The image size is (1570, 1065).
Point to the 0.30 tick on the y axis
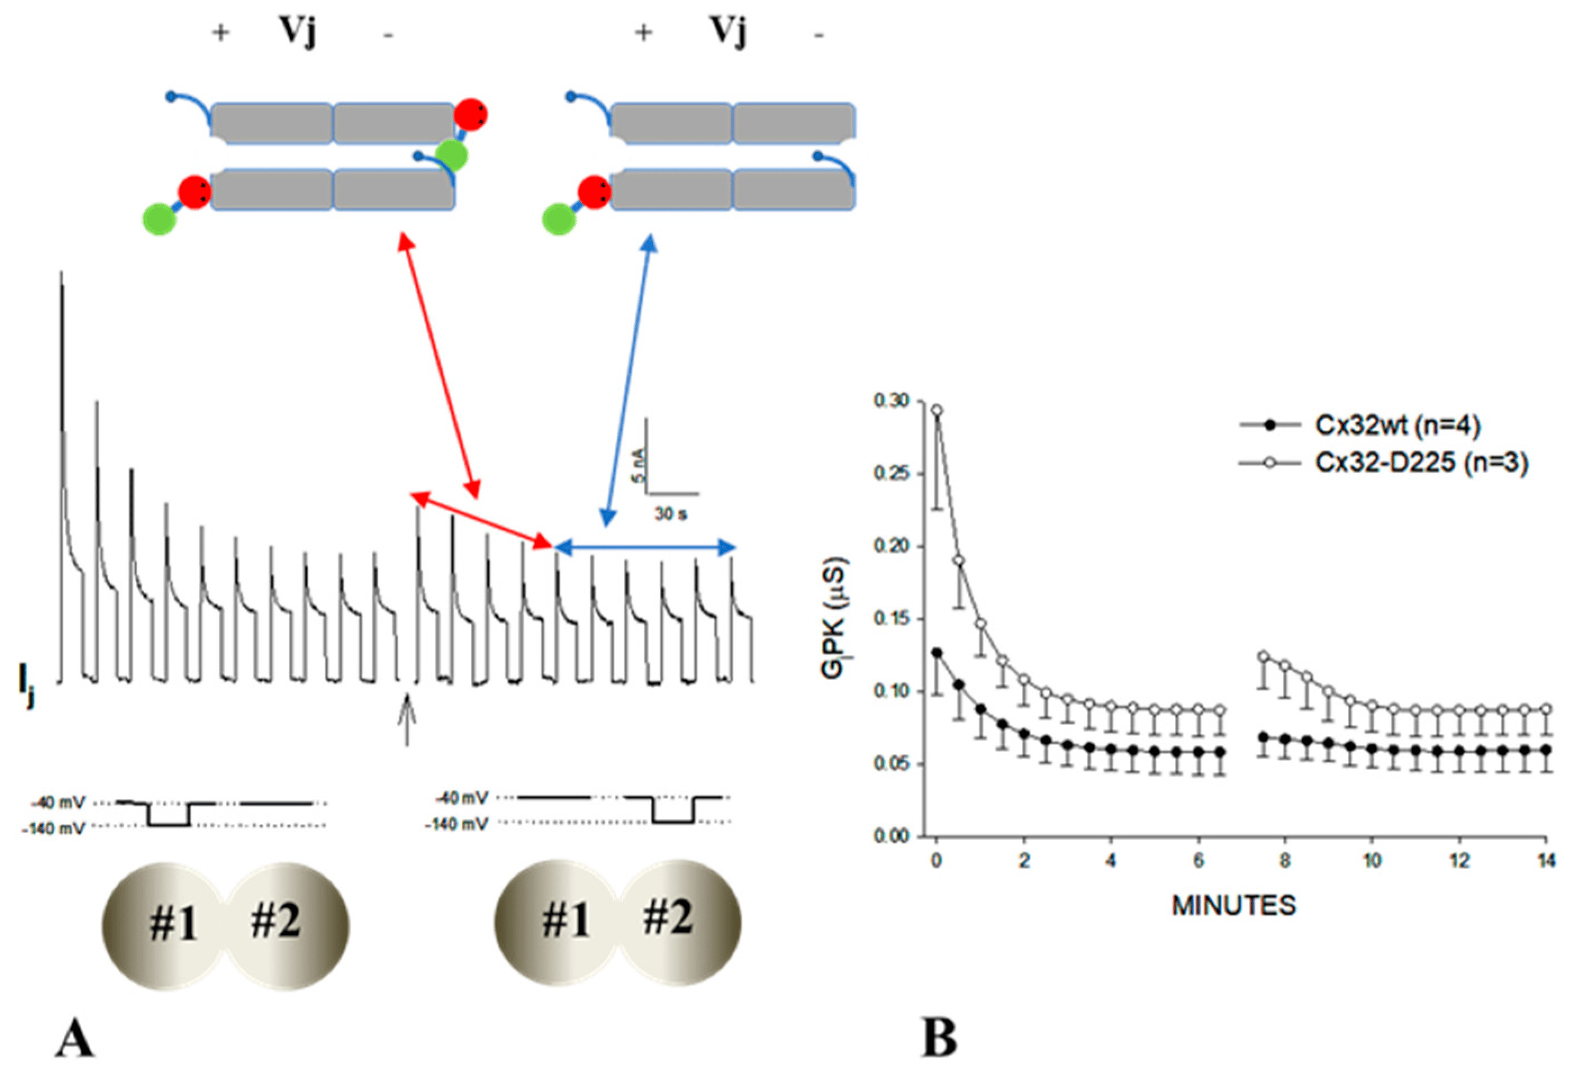(x=891, y=401)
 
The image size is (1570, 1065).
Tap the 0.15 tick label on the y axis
(x=891, y=619)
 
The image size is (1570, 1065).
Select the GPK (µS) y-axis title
(x=835, y=616)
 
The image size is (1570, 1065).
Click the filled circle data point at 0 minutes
(x=937, y=652)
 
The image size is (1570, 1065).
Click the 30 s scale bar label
(x=670, y=515)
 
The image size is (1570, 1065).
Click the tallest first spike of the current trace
(x=62, y=284)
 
